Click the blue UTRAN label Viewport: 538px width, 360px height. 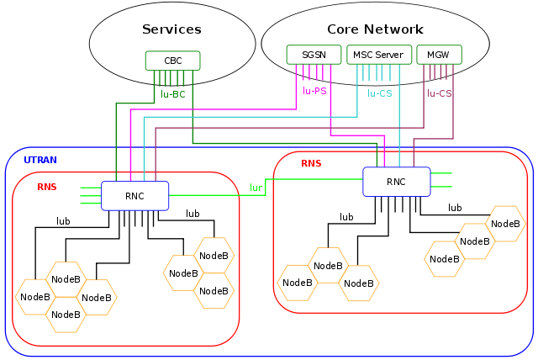pos(40,160)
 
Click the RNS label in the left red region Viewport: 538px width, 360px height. pos(47,187)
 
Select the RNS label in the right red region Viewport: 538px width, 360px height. pos(311,163)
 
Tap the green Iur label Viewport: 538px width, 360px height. pos(256,188)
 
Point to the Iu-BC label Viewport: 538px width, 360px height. pos(172,94)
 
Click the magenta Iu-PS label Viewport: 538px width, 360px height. pos(314,91)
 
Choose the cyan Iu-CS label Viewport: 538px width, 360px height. pos(380,93)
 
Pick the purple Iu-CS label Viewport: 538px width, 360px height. pos(439,93)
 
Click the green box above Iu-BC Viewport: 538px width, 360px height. pos(172,61)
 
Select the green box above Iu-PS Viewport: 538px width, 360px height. pos(314,55)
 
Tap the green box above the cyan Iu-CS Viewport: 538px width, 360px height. pos(379,55)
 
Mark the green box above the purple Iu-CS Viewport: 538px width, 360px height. pos(439,55)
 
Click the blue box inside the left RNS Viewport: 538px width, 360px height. pos(134,195)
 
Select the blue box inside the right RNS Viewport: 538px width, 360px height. pos(397,182)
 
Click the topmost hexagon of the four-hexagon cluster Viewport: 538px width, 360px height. pos(66,278)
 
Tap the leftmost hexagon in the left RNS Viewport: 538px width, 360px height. pos(35,297)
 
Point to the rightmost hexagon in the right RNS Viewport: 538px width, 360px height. pos(505,224)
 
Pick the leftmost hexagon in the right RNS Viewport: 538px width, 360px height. pos(298,283)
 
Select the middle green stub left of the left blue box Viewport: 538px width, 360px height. pos(90,195)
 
